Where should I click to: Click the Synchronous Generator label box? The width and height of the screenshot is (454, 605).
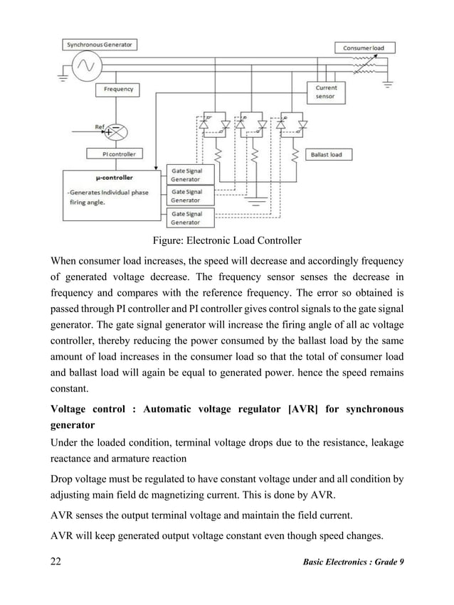click(x=99, y=44)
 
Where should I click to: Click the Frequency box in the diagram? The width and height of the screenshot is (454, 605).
click(x=117, y=90)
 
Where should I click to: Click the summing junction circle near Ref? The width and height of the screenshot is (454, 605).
click(x=117, y=132)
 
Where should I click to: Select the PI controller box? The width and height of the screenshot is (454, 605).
click(x=115, y=154)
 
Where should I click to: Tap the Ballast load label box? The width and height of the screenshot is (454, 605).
click(x=327, y=154)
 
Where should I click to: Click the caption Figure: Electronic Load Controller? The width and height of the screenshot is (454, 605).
click(x=227, y=240)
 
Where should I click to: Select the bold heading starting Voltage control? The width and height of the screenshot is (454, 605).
click(x=226, y=417)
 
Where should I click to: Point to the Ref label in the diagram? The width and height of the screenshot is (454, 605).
click(x=100, y=127)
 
